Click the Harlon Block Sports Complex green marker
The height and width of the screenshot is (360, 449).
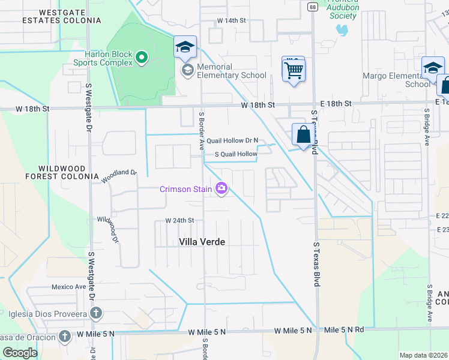[142, 58]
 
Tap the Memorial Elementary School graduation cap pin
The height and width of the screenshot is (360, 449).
[185, 47]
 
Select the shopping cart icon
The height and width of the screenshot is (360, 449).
[294, 70]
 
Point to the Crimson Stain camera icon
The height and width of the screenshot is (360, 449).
[221, 190]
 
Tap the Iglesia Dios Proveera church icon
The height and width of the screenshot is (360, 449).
[95, 313]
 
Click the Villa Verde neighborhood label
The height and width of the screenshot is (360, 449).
[202, 242]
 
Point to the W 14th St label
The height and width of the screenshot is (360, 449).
[232, 20]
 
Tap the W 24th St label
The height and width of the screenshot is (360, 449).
[180, 220]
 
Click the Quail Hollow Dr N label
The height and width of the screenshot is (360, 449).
[232, 140]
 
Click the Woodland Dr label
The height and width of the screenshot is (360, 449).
[119, 176]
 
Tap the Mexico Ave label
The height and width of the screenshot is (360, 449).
[69, 287]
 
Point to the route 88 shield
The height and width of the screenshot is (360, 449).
[313, 7]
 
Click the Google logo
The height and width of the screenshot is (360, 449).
[19, 353]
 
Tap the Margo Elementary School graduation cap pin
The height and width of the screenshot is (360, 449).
[432, 68]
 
